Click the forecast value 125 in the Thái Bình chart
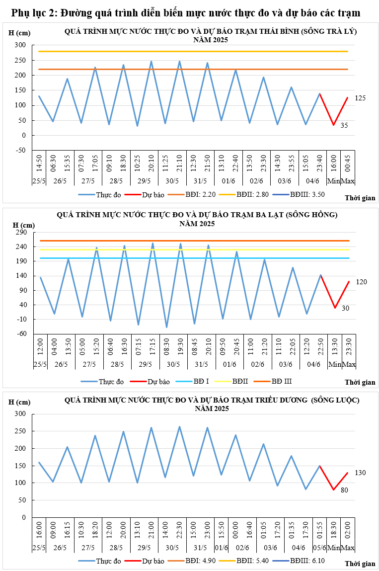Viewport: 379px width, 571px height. (x=360, y=98)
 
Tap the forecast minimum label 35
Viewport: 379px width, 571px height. (x=344, y=126)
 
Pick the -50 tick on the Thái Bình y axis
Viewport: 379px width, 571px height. (x=20, y=150)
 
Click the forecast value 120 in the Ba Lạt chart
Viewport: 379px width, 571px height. (x=361, y=282)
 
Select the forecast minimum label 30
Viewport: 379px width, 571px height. (x=345, y=308)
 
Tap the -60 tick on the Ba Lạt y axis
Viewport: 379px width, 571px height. (x=21, y=333)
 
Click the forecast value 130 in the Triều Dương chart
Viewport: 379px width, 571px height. (x=361, y=472)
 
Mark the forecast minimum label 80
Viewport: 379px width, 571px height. (x=344, y=490)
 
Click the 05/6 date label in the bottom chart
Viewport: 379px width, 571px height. (x=320, y=548)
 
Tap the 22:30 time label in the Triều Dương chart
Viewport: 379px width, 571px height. (x=179, y=532)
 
